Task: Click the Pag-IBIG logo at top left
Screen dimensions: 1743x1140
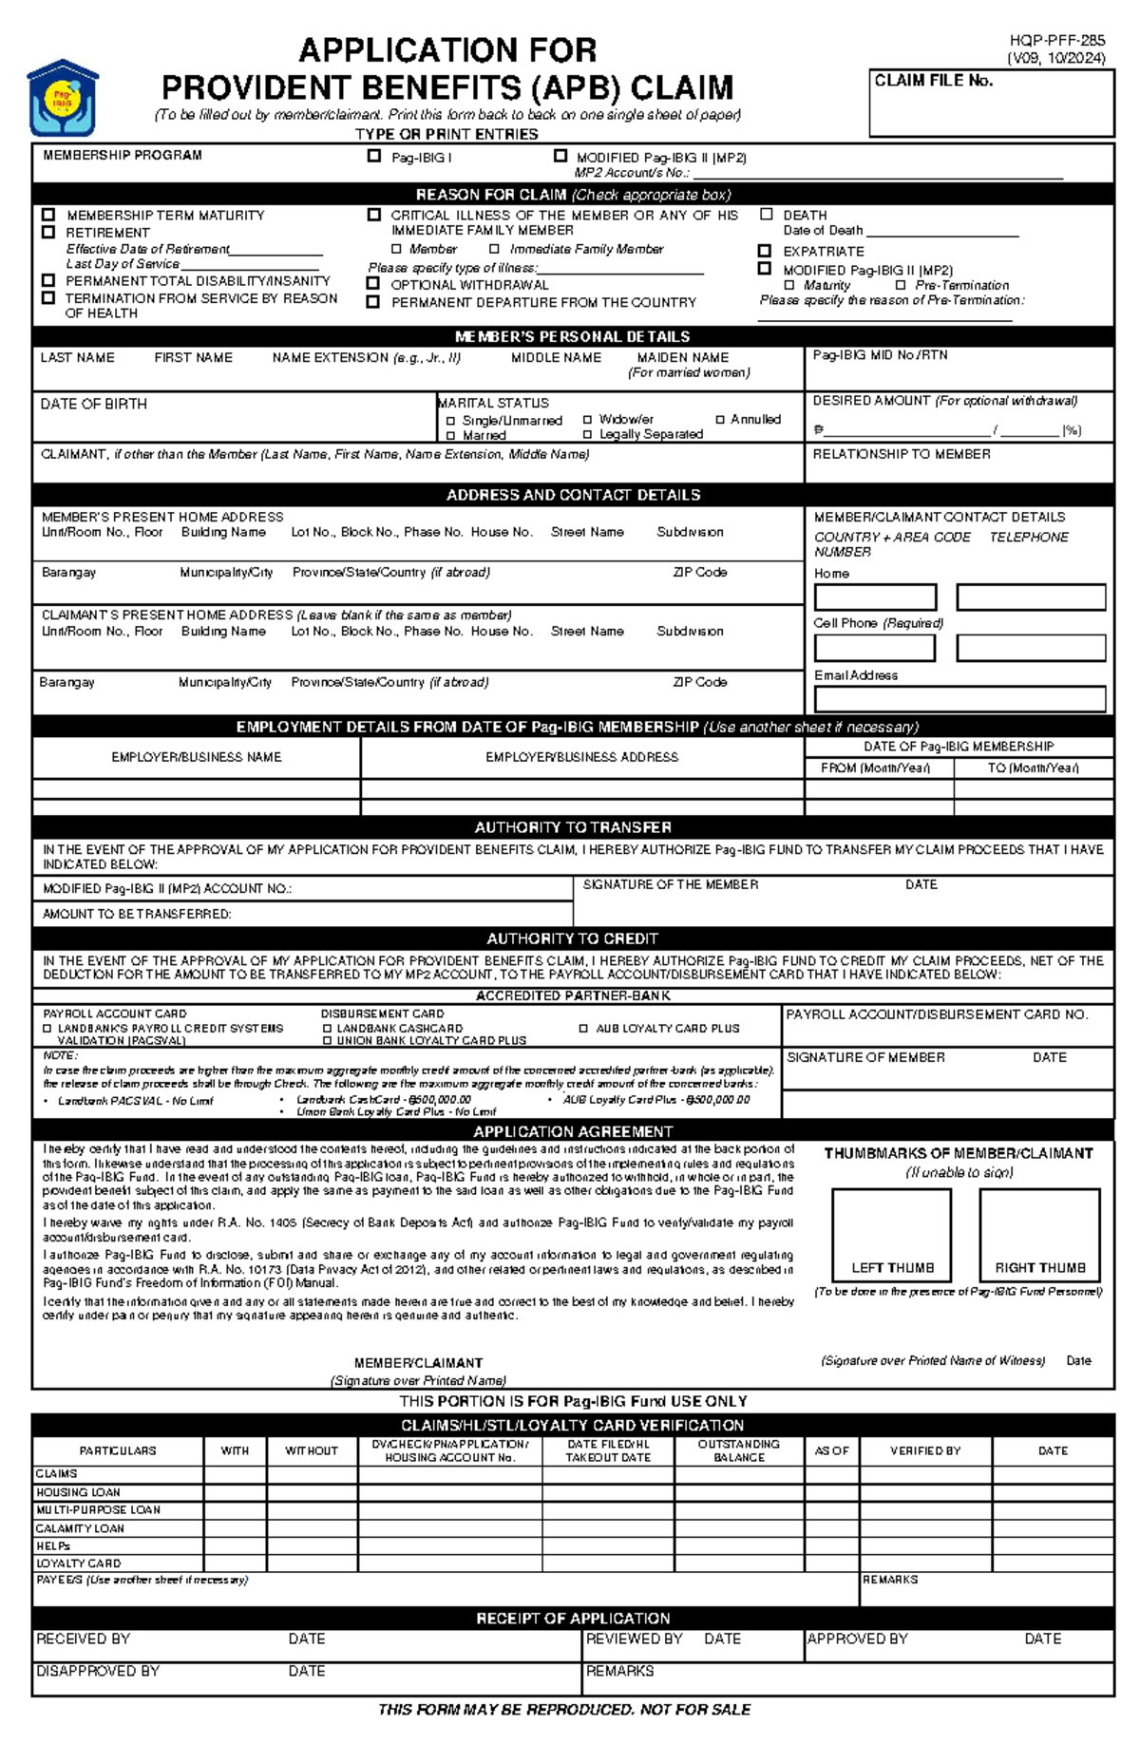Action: coord(63,99)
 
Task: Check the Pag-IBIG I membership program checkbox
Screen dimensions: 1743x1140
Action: coord(374,156)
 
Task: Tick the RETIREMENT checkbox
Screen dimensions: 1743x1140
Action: coord(48,232)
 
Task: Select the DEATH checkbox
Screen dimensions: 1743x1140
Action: coord(766,215)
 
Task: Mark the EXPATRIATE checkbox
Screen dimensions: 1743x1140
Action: coord(764,251)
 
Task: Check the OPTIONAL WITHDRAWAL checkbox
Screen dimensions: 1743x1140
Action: coord(373,284)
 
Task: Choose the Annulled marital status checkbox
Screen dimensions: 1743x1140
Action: coord(720,419)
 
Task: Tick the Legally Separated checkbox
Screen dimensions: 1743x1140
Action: coord(587,434)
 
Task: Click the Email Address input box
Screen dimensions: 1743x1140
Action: coord(959,699)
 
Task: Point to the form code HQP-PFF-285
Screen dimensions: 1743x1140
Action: coord(1056,41)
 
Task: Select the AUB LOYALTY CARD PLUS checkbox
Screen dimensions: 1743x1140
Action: coord(583,1028)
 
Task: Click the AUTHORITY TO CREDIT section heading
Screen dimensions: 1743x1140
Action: coord(572,938)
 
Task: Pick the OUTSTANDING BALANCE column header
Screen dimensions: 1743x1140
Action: coord(738,1450)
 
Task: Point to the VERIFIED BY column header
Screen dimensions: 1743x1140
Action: coord(924,1450)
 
